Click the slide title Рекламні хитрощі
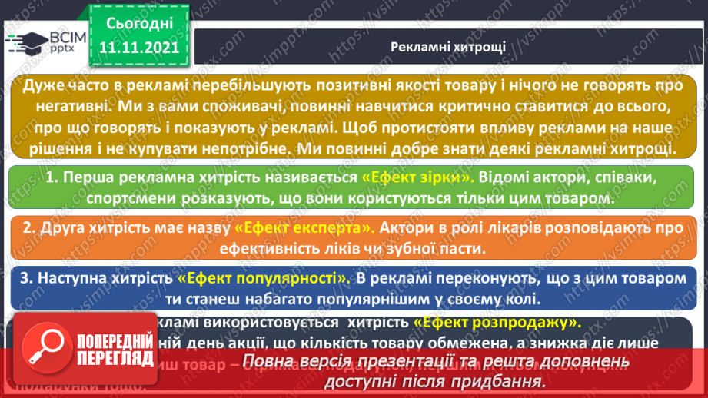(x=447, y=46)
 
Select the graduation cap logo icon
(x=25, y=42)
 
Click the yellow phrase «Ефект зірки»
(x=417, y=177)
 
